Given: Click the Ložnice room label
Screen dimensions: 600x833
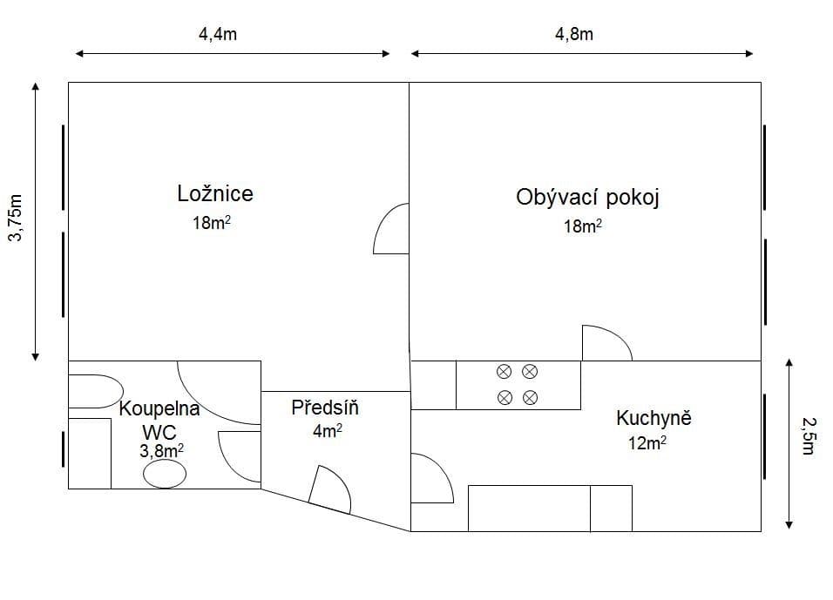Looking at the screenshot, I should pyautogui.click(x=215, y=193).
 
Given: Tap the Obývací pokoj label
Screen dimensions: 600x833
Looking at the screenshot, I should pyautogui.click(x=587, y=198).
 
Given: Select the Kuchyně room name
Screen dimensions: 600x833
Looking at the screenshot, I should pyautogui.click(x=654, y=418).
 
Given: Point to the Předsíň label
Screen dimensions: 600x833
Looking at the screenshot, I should pyautogui.click(x=325, y=408).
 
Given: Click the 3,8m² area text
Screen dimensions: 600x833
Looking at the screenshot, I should pyautogui.click(x=161, y=450).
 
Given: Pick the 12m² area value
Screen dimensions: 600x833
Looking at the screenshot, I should pyautogui.click(x=647, y=443).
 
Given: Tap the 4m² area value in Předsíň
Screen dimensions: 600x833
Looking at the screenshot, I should pyautogui.click(x=327, y=430).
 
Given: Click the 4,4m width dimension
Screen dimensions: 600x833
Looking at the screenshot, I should pyautogui.click(x=218, y=35).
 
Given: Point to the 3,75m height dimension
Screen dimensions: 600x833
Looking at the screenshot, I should pyautogui.click(x=15, y=219).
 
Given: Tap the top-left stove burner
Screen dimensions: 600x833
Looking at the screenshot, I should pyautogui.click(x=504, y=372).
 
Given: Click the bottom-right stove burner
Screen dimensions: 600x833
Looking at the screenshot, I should pyautogui.click(x=530, y=398).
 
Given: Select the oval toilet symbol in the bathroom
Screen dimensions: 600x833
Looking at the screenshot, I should pyautogui.click(x=164, y=474).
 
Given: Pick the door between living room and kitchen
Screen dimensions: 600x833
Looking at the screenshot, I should pyautogui.click(x=606, y=343).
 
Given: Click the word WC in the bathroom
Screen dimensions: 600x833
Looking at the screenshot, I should pyautogui.click(x=159, y=430).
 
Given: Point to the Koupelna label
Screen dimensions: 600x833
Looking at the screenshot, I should pyautogui.click(x=159, y=408).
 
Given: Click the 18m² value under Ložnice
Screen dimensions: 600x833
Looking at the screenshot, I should pyautogui.click(x=212, y=223).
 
